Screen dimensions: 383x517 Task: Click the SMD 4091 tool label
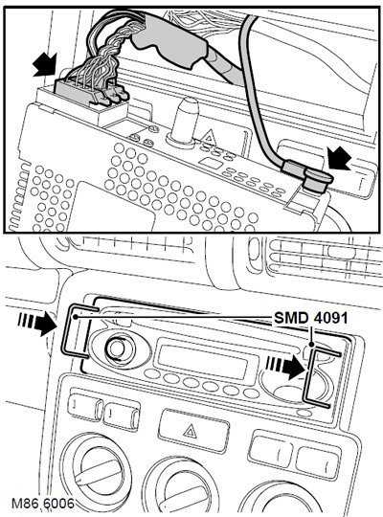point(311,318)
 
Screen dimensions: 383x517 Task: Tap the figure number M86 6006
point(42,504)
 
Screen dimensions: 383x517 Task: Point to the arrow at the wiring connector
point(46,65)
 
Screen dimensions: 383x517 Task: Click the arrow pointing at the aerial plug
point(340,158)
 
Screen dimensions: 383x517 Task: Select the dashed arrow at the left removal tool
point(37,324)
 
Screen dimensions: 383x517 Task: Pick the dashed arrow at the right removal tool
point(285,368)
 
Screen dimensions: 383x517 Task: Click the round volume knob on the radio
point(117,348)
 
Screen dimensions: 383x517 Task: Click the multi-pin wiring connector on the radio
point(90,92)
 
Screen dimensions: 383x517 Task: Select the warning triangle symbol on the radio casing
point(209,136)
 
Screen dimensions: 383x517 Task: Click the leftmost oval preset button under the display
point(152,373)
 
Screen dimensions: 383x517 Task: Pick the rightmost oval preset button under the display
point(252,393)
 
